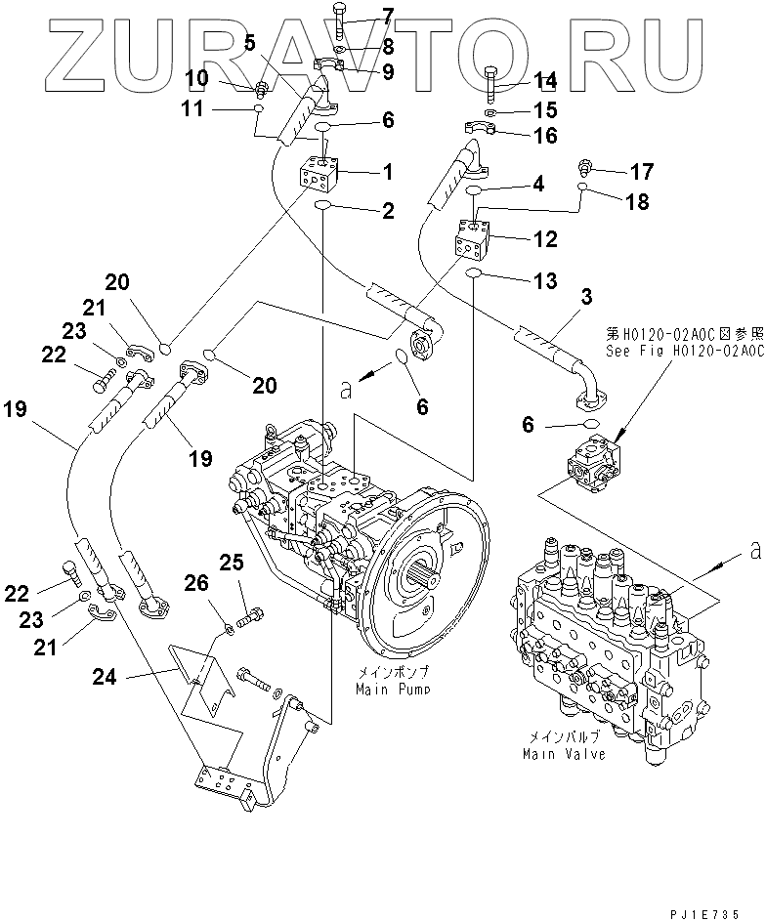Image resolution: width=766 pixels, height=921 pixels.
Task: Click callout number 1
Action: tap(387, 172)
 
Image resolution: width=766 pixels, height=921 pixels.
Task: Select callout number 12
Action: tap(545, 239)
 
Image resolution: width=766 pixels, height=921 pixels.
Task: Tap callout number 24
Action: tap(105, 677)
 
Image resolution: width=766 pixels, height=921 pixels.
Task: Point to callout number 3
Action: tap(586, 297)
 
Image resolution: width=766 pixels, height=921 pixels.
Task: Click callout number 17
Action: tap(642, 172)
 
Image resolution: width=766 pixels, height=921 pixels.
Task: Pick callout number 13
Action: tap(545, 280)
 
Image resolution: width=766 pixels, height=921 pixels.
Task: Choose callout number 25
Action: tap(231, 563)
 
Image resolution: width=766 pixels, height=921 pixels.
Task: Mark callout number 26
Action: tap(196, 583)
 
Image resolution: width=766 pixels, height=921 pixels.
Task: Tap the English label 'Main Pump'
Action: tap(393, 690)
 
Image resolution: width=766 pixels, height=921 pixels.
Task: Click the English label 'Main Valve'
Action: tap(564, 754)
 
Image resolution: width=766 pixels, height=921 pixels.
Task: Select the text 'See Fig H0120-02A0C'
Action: tap(686, 352)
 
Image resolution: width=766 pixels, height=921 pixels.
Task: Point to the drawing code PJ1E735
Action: tap(703, 913)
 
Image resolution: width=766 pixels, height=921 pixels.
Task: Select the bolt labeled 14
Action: tap(492, 86)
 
